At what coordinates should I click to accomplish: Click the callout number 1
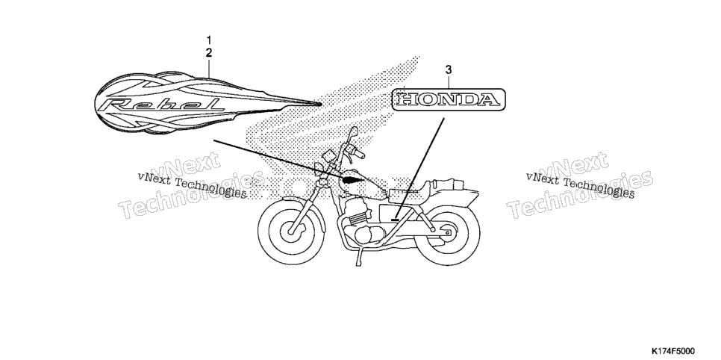coord(209,40)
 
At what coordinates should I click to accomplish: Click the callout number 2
coord(209,52)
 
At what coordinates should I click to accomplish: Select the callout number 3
coord(449,70)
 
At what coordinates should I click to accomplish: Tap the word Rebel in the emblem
coord(163,105)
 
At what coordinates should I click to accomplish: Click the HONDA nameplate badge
coord(449,100)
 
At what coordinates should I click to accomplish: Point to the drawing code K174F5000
coord(672,351)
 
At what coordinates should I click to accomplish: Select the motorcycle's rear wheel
coord(447,233)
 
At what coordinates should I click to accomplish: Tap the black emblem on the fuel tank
coord(353,179)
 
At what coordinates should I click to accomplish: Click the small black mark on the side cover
coord(395,220)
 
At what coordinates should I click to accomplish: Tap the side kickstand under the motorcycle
coord(358,258)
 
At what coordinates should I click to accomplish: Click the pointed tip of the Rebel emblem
coord(320,104)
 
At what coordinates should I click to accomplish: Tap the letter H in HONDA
coord(407,100)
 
